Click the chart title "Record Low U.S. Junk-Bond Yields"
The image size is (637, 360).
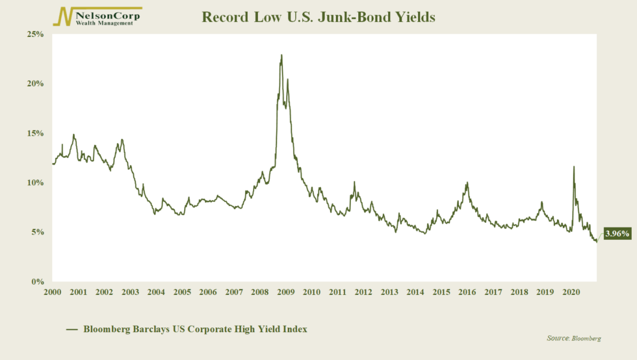[x=318, y=17]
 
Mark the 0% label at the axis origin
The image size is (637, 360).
[x=36, y=282]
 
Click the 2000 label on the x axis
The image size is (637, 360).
[x=52, y=292]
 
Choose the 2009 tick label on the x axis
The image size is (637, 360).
[x=285, y=292]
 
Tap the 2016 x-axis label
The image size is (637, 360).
[x=467, y=292]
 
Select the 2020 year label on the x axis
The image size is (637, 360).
[x=571, y=292]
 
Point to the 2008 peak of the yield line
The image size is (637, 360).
[x=281, y=55]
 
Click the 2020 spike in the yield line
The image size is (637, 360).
[x=573, y=167]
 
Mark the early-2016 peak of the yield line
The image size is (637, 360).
[x=467, y=183]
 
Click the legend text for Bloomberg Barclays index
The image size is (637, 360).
[x=195, y=329]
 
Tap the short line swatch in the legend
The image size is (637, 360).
[x=72, y=330]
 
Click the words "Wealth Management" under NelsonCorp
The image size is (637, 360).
[x=105, y=23]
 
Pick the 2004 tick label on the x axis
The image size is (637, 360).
[x=156, y=292]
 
